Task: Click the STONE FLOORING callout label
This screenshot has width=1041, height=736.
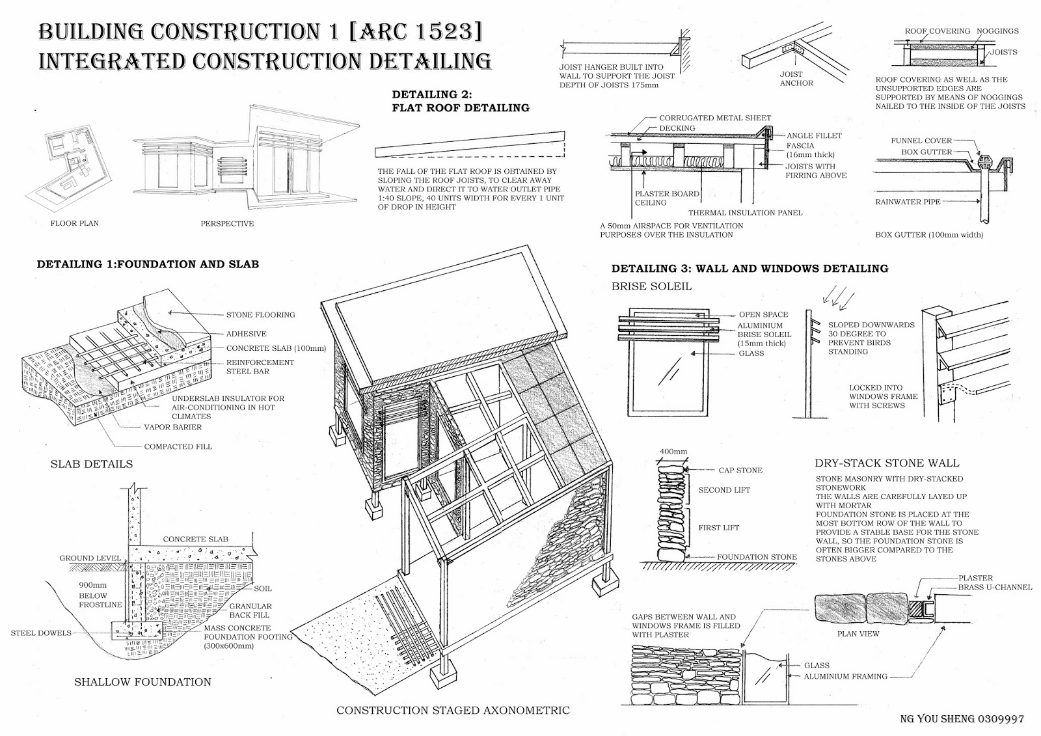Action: [260, 315]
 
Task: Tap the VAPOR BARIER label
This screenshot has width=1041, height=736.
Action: [172, 428]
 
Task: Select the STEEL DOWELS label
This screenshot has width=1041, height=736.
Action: [41, 633]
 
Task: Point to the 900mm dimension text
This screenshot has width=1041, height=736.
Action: [92, 586]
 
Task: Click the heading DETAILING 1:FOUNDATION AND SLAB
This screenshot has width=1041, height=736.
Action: [148, 264]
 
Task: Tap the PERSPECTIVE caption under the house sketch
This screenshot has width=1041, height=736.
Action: [227, 224]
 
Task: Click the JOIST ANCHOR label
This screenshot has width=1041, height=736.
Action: [796, 79]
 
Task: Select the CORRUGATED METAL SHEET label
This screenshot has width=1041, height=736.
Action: [715, 118]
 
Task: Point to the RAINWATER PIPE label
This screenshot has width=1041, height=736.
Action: [908, 202]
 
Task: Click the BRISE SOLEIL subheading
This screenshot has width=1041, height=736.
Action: [651, 286]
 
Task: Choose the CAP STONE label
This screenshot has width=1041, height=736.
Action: [740, 470]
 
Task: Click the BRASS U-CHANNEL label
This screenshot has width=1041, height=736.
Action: [995, 587]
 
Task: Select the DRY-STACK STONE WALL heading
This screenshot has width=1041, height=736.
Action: [887, 463]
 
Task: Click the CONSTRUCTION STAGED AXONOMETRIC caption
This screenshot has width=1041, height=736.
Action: [453, 711]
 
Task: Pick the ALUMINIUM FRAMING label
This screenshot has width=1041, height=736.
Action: [845, 677]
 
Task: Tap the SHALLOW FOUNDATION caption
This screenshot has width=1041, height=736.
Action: [142, 682]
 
